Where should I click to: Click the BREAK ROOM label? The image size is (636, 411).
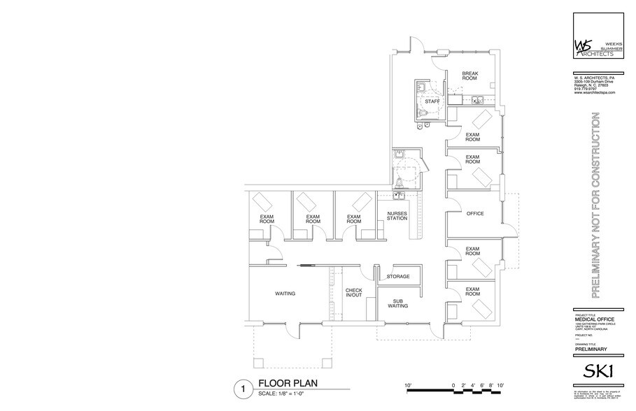(x=469, y=75)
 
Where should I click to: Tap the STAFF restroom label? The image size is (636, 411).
(x=433, y=102)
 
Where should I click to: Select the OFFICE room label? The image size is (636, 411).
(x=475, y=214)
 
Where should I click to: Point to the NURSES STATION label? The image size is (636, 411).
(x=397, y=216)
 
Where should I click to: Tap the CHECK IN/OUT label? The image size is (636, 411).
(x=353, y=294)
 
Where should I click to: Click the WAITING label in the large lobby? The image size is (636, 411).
(x=285, y=294)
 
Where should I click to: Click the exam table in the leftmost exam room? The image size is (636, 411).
(x=264, y=201)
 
